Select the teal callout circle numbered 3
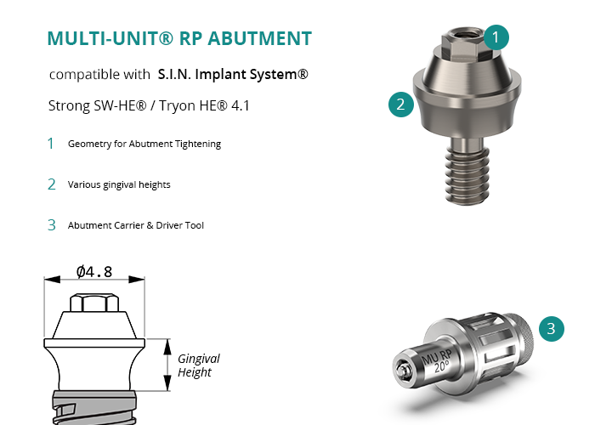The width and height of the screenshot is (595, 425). point(552,328)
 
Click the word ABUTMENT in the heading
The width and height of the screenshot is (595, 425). point(266,38)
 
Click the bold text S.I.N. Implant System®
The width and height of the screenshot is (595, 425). point(233,74)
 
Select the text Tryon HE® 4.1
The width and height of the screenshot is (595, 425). point(209,108)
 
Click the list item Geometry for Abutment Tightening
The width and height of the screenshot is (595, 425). point(144,144)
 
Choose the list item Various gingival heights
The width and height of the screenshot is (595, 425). point(119,184)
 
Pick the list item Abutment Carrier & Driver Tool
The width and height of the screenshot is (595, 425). point(136,225)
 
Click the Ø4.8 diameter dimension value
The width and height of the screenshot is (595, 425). point(94,272)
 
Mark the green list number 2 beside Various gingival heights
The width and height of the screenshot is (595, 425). point(52,184)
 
